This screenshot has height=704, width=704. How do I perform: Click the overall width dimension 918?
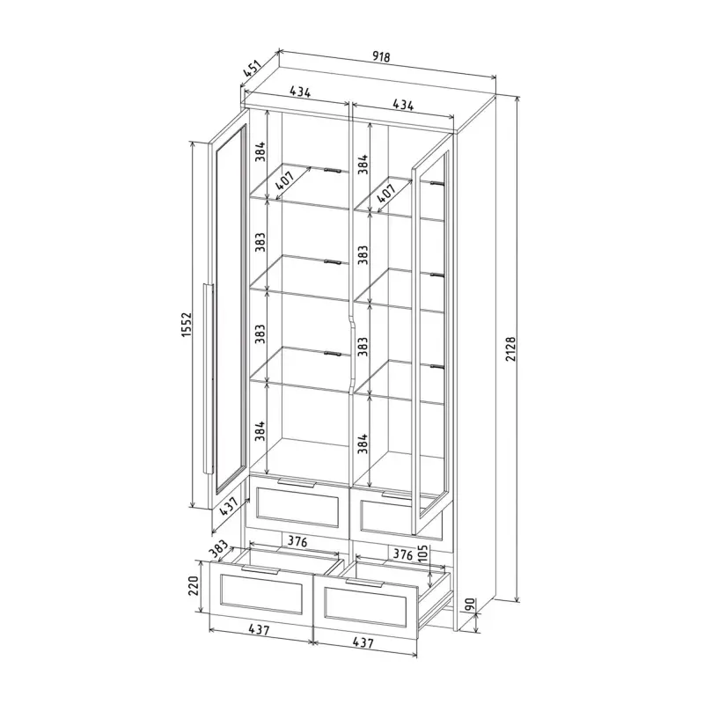click(381, 56)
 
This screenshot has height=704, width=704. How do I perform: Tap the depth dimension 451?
click(252, 69)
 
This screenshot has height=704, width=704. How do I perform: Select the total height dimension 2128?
click(511, 348)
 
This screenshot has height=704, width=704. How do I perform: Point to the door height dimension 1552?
click(187, 325)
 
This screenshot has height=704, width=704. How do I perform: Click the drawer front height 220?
click(193, 586)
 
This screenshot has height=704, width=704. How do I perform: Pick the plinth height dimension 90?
click(470, 605)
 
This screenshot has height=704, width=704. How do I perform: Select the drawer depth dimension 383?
click(219, 551)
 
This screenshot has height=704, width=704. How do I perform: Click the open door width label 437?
click(229, 505)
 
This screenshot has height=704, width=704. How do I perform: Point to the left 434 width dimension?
click(300, 92)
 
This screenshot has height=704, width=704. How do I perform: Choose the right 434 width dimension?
click(403, 104)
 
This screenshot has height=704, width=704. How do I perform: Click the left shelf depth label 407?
click(284, 180)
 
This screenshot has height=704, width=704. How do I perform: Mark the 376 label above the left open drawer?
click(297, 542)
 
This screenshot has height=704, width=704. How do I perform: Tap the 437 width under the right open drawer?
click(363, 642)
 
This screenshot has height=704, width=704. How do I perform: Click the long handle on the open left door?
click(208, 378)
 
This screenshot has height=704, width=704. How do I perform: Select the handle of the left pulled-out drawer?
click(260, 569)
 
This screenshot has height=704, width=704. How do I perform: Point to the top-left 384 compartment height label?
click(260, 151)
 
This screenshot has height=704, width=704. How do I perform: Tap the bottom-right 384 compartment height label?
click(363, 444)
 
